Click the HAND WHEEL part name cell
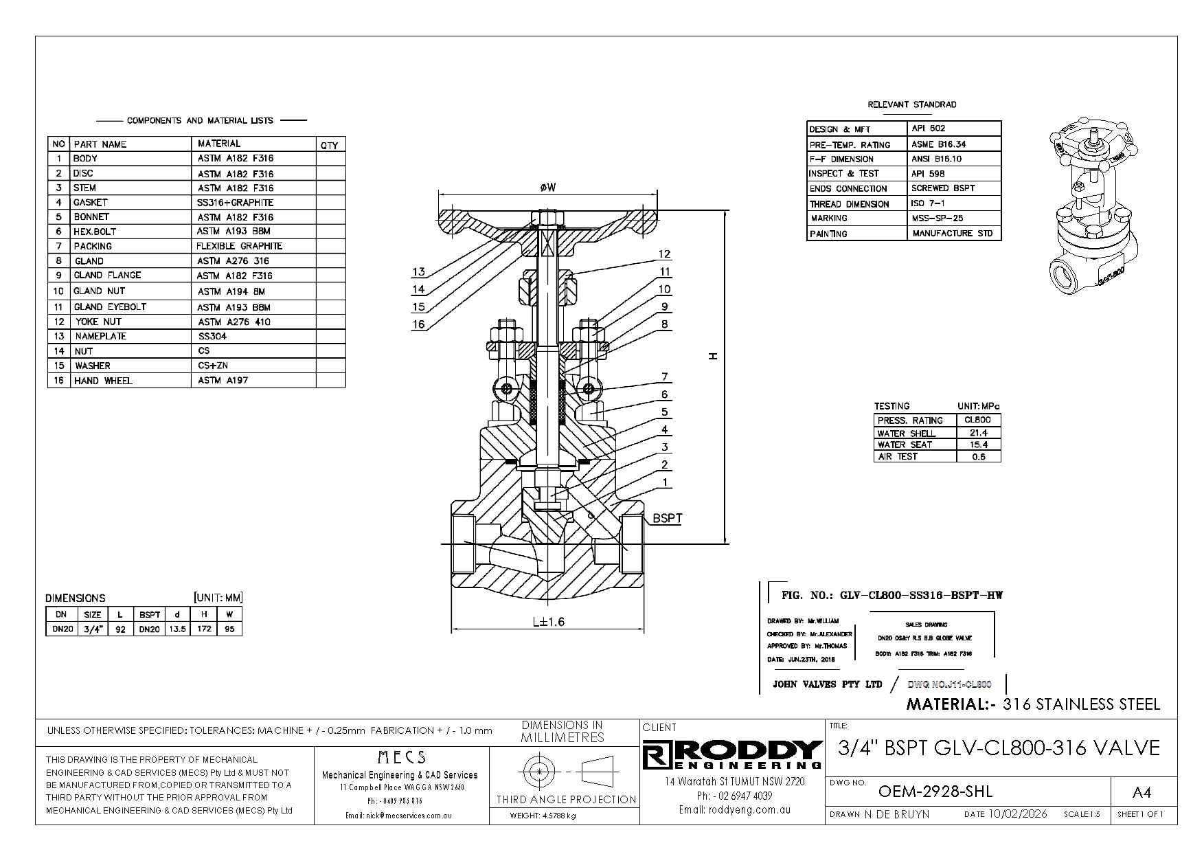click(103, 381)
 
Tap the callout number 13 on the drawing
click(418, 272)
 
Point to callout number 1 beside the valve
click(665, 482)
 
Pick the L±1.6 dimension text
click(548, 622)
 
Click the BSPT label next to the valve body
click(667, 518)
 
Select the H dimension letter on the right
click(714, 356)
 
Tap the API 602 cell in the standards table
click(928, 128)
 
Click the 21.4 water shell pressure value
click(978, 433)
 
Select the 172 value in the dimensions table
click(204, 629)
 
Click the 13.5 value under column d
click(177, 629)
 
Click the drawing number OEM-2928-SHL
click(935, 792)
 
